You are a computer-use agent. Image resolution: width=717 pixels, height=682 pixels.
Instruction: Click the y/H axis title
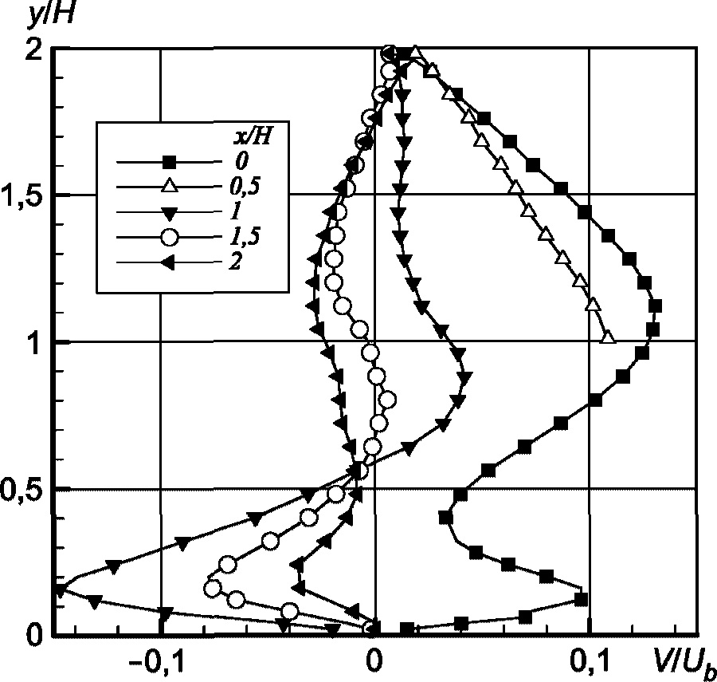50,16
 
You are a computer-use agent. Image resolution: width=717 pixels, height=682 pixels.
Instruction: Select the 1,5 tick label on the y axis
23,196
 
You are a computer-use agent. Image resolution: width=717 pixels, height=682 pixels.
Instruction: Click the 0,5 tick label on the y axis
23,491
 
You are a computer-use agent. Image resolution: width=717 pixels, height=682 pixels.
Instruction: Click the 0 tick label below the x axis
374,663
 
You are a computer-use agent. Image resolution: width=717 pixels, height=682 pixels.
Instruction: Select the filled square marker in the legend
170,162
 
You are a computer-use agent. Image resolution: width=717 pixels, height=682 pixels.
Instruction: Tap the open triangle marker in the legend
170,186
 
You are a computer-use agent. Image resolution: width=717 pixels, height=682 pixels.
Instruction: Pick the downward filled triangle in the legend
170,213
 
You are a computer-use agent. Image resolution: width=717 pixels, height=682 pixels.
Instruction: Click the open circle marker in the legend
170,237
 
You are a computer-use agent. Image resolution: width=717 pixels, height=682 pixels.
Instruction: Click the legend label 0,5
242,187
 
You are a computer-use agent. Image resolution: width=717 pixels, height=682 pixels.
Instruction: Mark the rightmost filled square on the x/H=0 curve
656,306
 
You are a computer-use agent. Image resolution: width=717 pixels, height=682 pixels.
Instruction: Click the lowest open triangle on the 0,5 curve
609,337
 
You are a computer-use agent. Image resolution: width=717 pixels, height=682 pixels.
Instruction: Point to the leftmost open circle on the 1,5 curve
213,589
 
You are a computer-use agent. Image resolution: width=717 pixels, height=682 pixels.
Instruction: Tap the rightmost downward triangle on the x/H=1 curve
465,378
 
